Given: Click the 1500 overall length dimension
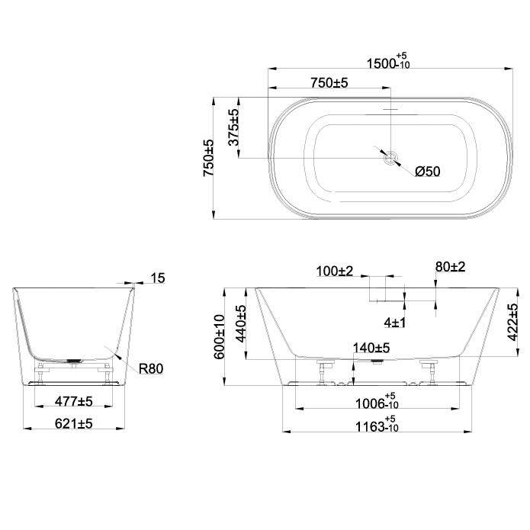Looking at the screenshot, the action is pos(388,61).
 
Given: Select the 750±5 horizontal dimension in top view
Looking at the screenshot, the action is pos(329,83).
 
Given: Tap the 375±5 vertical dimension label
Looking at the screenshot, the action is pos(233,127).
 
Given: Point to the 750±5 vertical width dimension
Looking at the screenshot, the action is pos(208,158).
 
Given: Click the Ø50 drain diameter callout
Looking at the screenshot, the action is pos(428,172).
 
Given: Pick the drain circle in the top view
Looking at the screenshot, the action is pos(391,158).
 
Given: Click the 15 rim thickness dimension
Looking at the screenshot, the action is pos(158,278).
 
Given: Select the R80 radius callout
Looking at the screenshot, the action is pos(151,368).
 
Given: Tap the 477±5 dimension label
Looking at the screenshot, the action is pos(74,402).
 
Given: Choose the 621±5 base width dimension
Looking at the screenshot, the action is pos(74,423).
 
